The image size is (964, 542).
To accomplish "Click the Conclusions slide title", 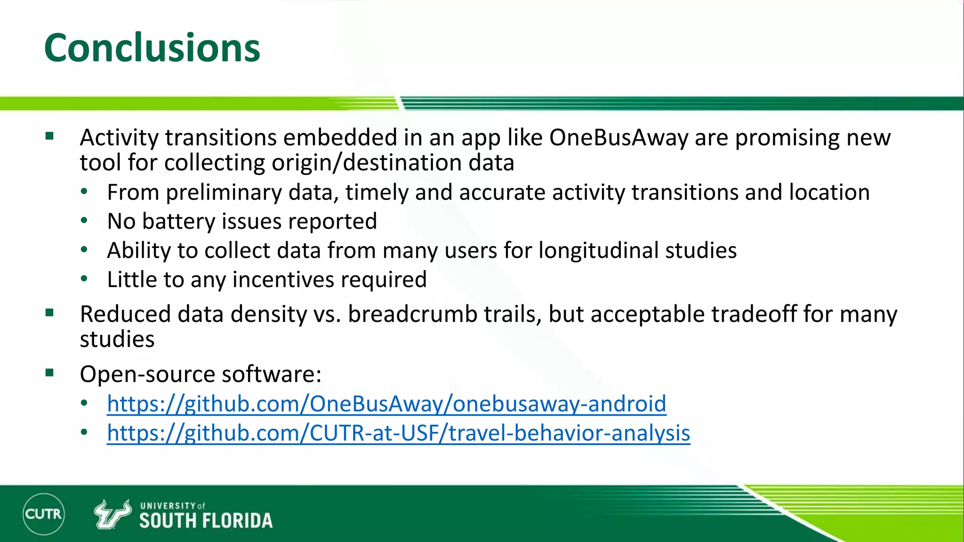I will [x=152, y=48].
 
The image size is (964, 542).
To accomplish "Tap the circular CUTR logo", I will [x=43, y=514].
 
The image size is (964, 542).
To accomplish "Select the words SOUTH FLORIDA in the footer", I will [x=206, y=521].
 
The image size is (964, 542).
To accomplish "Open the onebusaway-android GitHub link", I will [x=386, y=404].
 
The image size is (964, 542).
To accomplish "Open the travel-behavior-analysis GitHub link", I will [x=398, y=433].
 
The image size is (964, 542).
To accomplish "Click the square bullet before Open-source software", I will [x=50, y=373].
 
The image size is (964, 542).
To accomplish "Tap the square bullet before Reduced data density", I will [x=50, y=313].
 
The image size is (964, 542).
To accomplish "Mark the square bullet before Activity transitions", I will [x=50, y=136].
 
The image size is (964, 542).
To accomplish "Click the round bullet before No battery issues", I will [x=84, y=220].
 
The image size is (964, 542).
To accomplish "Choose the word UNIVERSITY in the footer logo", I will [x=168, y=506].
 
